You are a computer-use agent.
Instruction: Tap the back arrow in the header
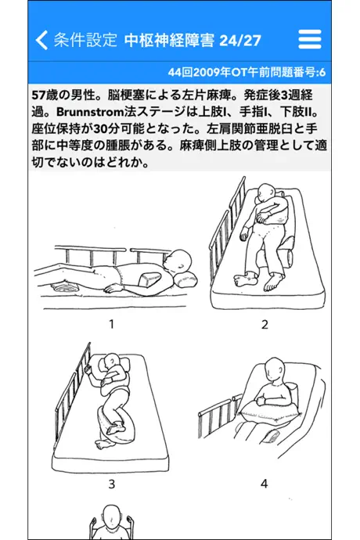(x=41, y=40)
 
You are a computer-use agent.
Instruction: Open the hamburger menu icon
(x=310, y=39)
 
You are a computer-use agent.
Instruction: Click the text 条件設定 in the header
(x=85, y=40)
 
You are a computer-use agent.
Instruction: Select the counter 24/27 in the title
(x=240, y=41)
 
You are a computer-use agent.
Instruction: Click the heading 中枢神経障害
(x=169, y=40)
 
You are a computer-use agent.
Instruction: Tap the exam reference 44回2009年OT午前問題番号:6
(x=247, y=72)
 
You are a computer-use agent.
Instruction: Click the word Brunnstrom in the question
(x=89, y=112)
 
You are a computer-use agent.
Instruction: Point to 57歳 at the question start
(x=44, y=95)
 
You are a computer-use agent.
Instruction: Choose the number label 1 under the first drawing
(x=111, y=324)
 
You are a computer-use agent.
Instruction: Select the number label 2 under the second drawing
(x=265, y=324)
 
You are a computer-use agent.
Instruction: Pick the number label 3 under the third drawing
(x=112, y=484)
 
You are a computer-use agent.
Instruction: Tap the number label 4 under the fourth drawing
(x=265, y=484)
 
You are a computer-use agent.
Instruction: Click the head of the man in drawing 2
(x=266, y=192)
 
